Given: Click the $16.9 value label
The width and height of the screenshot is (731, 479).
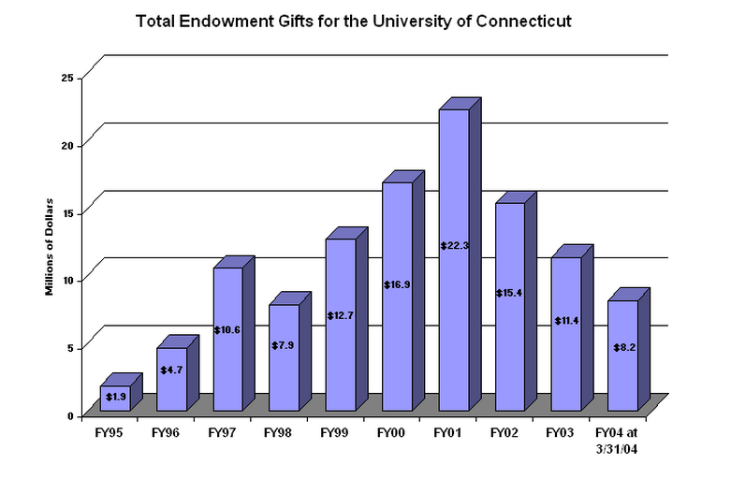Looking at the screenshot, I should [397, 283].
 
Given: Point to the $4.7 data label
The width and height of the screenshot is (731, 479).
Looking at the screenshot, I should [171, 370].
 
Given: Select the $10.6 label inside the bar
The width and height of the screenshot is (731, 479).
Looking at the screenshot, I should [227, 329].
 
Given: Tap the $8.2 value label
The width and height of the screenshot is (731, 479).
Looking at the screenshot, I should [622, 347].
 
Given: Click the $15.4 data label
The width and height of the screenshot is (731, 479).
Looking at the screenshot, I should [509, 293].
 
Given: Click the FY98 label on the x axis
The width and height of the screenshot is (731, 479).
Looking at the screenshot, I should [277, 433].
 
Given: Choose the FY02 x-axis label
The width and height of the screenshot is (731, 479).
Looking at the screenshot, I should [504, 433].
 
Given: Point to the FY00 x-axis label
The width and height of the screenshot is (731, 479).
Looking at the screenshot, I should [389, 433].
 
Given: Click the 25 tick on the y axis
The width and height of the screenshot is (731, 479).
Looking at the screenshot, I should [66, 78].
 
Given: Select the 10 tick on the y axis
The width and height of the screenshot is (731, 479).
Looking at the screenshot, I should [66, 279].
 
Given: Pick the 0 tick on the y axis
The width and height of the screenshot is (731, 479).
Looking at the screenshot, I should [70, 414].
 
